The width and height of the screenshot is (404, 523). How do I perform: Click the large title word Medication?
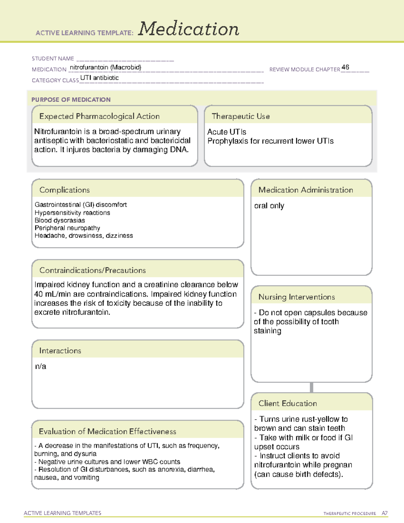point(189,29)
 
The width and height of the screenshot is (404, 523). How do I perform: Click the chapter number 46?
point(345,67)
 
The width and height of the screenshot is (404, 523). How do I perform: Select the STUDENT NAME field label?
point(53,59)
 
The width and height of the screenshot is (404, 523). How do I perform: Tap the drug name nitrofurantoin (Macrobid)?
point(105,67)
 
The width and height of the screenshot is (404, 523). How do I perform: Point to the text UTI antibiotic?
point(99,78)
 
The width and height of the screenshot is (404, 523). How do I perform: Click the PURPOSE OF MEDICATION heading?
point(71,100)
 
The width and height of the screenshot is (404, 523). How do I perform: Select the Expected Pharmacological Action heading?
point(99,116)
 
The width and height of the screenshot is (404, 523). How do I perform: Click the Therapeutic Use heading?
point(240,116)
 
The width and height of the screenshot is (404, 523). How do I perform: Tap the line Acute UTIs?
point(227,132)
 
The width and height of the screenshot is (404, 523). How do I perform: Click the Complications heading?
point(64,190)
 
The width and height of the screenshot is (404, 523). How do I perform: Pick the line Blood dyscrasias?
point(60,220)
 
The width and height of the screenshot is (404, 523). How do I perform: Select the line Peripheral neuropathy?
point(67,228)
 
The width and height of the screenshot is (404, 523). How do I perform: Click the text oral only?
point(269,205)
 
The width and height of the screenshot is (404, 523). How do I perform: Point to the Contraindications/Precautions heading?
point(93,270)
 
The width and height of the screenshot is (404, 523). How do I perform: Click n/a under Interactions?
point(40,366)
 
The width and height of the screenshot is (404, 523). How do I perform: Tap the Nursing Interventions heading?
point(297,297)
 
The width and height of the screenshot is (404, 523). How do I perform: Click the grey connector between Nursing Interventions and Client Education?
point(311,387)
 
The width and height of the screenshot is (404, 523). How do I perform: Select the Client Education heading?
point(288,403)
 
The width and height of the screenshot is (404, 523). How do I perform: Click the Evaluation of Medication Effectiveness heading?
point(107,431)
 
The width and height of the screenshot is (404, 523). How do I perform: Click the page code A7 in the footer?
point(384,513)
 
